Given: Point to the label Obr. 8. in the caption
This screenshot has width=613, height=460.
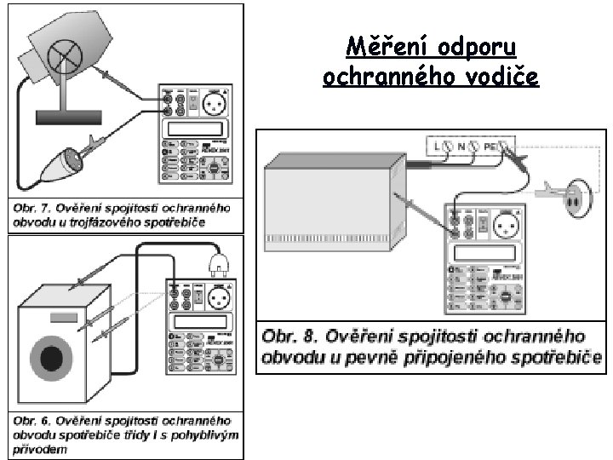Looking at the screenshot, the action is coord(292,335).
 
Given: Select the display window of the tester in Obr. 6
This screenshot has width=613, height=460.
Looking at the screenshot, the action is coord(202,321).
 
